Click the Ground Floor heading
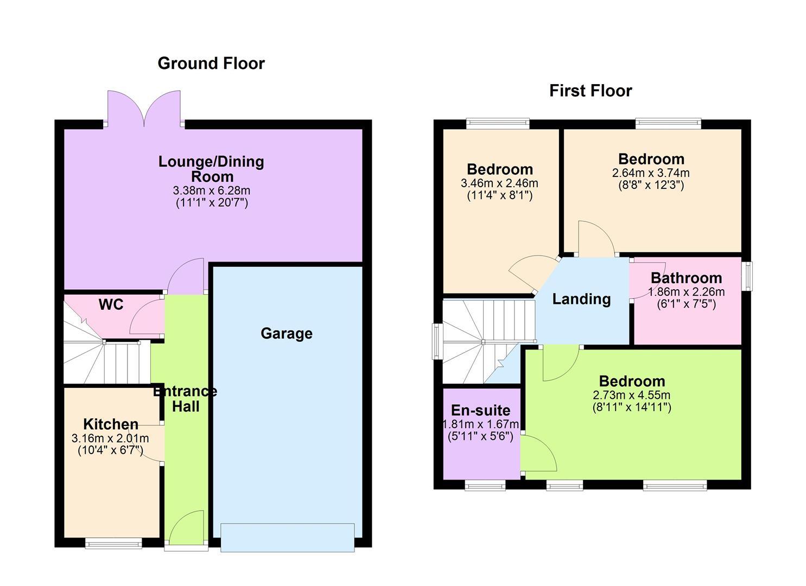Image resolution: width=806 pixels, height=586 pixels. (211, 63)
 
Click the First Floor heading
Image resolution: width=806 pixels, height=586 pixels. (591, 91)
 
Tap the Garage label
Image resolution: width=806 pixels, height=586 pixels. (286, 333)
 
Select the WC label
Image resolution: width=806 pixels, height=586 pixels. (111, 305)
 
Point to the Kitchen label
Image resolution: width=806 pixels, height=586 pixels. (111, 424)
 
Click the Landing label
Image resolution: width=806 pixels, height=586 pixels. (581, 299)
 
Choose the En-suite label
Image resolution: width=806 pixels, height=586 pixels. (481, 410)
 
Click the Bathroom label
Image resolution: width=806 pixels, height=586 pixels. (686, 278)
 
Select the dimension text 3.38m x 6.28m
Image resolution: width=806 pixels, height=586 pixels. (211, 190)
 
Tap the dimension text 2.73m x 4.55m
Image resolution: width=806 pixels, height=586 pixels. (632, 395)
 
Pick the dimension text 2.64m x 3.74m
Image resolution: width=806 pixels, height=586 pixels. (651, 173)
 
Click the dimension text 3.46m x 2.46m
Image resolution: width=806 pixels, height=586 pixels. (499, 183)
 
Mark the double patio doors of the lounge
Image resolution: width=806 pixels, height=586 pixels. (144, 109)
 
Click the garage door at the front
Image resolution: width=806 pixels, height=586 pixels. (288, 537)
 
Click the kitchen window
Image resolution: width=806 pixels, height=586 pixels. (113, 543)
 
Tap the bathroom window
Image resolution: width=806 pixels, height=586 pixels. (747, 276)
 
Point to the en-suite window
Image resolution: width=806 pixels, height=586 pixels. (485, 485)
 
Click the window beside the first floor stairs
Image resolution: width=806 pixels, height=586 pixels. (437, 341)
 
